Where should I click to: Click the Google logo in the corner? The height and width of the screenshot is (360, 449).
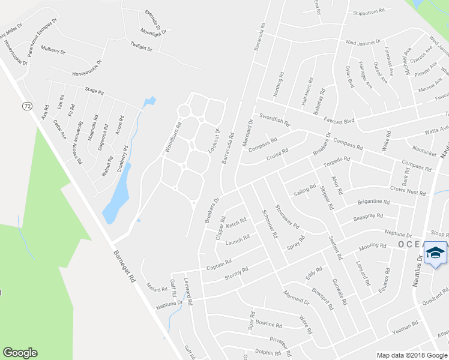(20, 353)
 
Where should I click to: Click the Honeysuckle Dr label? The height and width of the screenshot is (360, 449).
(87, 73)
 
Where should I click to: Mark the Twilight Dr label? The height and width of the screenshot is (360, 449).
(142, 46)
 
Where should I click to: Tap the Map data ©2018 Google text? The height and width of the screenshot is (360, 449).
(411, 355)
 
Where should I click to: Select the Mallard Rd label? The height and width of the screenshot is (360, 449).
(156, 289)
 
